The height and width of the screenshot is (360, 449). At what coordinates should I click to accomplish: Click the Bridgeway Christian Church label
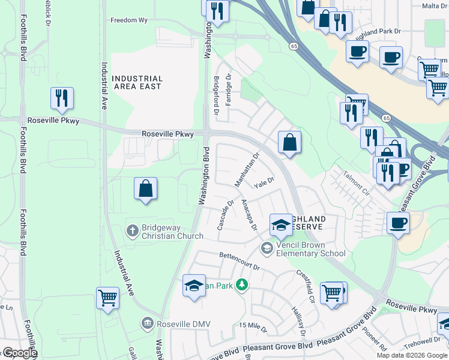click(164, 231)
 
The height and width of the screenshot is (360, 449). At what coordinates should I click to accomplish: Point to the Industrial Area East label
click(137, 82)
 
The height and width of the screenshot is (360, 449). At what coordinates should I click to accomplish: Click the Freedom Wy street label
click(128, 20)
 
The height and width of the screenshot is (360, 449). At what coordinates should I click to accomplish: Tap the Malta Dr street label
click(435, 6)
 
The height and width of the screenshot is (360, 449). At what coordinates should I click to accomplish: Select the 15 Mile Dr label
click(252, 325)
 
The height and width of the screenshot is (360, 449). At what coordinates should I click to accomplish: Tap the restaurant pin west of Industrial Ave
click(62, 99)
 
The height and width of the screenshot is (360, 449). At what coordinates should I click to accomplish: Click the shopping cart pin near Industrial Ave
click(108, 298)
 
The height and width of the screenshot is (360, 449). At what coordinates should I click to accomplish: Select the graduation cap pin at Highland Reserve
click(280, 226)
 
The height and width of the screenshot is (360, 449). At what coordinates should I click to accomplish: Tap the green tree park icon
click(242, 284)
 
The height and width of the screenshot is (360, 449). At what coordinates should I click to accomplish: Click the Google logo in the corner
click(19, 353)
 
